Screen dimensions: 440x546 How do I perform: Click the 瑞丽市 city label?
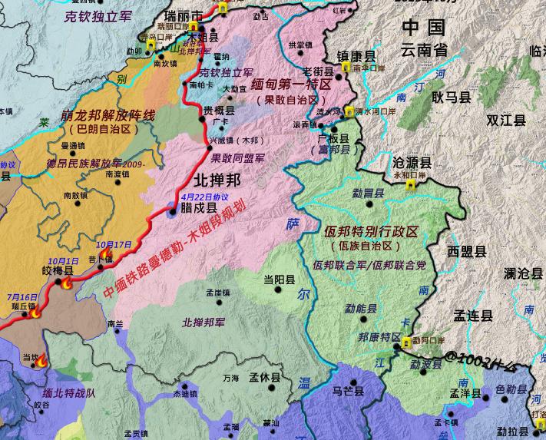185,16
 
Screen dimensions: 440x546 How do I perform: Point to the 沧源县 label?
412,163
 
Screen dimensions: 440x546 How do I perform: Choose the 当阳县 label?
279,280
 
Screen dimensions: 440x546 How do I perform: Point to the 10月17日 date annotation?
114,244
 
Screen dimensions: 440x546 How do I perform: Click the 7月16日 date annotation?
22,296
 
